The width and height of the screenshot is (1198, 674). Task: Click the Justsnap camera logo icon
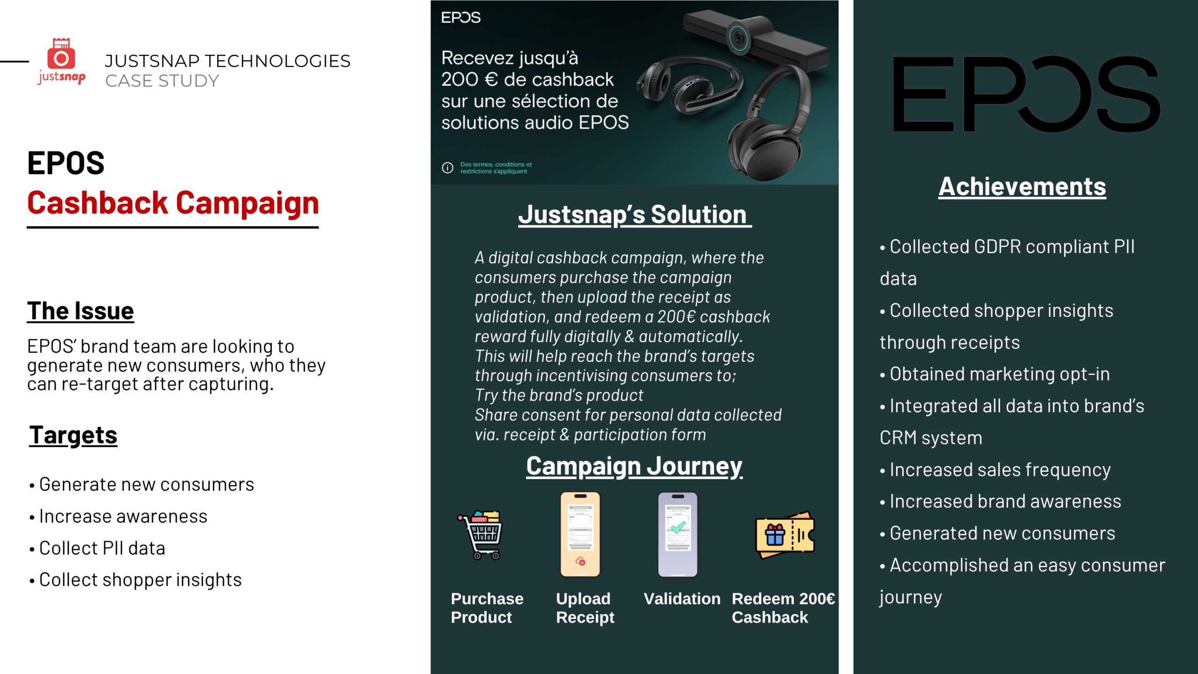[61, 53]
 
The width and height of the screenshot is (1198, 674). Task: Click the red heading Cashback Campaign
[173, 203]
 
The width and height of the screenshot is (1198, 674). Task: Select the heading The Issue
[80, 311]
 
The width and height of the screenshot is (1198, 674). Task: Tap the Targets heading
[73, 436]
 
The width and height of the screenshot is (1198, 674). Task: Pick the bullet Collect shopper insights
[136, 580]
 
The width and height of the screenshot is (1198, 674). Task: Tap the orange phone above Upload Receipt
[580, 535]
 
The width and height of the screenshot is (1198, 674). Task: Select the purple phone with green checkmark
[678, 535]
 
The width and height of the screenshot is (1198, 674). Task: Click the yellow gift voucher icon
[785, 535]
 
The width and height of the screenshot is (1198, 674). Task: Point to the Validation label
[682, 599]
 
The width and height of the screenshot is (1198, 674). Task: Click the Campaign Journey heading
[634, 466]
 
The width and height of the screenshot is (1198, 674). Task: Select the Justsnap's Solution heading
[635, 214]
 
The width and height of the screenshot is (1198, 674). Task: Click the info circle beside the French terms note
[447, 168]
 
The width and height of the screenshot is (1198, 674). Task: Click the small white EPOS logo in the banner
[460, 18]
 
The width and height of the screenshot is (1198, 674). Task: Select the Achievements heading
[1022, 187]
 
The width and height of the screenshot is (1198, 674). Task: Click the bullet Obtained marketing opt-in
[995, 374]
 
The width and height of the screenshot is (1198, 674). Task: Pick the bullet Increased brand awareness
[1001, 501]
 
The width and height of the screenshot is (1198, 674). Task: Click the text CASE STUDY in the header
[162, 81]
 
